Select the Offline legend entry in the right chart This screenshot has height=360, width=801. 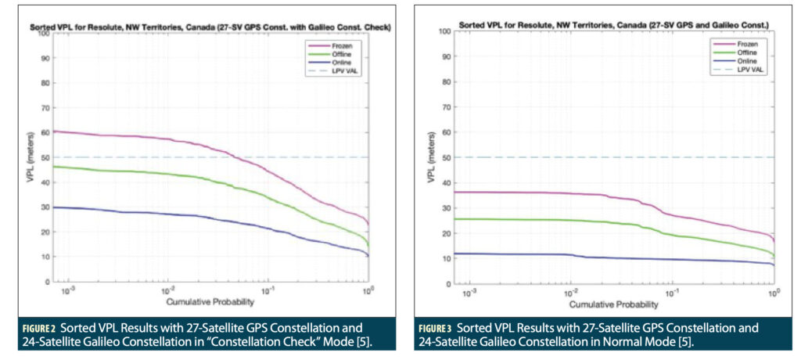click(730, 52)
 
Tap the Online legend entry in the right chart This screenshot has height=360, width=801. click(730, 60)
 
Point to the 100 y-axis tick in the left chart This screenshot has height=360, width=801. click(43, 33)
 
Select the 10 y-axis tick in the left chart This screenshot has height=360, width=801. click(45, 257)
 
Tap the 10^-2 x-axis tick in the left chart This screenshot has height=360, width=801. click(167, 290)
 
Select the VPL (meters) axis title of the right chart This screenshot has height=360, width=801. click(432, 169)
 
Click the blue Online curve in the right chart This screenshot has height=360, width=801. click(626, 257)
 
